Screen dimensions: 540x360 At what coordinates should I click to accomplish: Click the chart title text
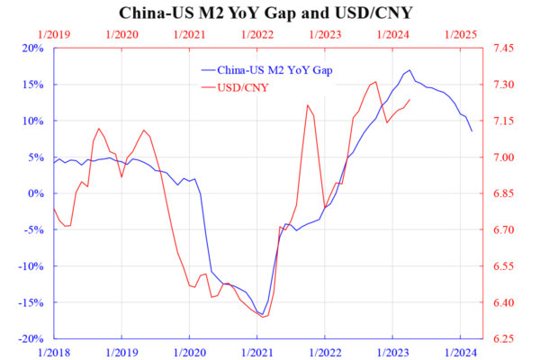click(x=265, y=13)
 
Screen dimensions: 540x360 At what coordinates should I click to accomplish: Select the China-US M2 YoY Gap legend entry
click(x=267, y=70)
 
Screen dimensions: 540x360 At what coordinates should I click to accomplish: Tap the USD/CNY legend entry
click(x=235, y=88)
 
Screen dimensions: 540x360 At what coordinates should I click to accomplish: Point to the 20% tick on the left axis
click(x=33, y=49)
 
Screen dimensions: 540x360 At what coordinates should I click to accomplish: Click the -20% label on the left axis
click(x=31, y=339)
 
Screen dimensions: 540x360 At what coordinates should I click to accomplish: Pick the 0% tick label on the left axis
click(x=36, y=193)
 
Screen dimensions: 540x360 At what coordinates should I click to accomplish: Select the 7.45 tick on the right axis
click(x=503, y=49)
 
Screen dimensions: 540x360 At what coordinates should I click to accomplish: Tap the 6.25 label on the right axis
click(x=503, y=339)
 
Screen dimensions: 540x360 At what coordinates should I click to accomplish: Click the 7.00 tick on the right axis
click(x=503, y=157)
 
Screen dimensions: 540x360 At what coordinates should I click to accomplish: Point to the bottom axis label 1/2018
click(x=54, y=353)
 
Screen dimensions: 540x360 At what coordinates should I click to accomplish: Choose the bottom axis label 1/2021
click(x=257, y=353)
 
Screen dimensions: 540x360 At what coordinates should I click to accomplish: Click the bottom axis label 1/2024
click(x=461, y=353)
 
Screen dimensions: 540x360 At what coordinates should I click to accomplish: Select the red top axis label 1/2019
click(x=54, y=35)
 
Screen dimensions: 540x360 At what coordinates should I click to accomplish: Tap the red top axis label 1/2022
click(x=257, y=35)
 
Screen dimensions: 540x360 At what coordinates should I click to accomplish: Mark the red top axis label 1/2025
click(x=461, y=35)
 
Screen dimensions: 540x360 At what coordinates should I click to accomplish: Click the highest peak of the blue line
click(x=409, y=70)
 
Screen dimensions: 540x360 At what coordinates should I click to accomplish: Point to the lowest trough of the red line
click(x=263, y=317)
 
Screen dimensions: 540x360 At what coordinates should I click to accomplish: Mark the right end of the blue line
click(x=472, y=131)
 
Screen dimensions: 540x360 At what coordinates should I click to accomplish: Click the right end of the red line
click(x=409, y=100)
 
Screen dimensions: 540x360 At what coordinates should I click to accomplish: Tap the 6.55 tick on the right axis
click(x=503, y=266)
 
